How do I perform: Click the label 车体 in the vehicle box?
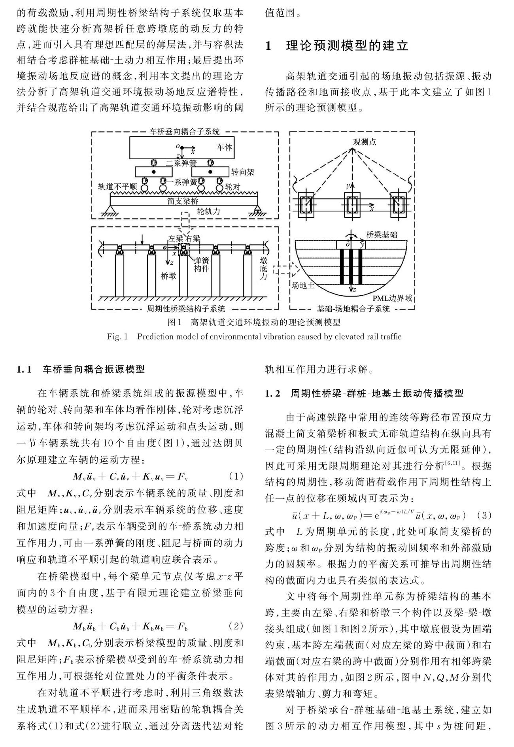[x=224, y=147]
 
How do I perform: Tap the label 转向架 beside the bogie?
[x=242, y=172]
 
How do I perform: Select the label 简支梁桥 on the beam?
[x=183, y=201]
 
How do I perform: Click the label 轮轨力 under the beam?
[x=208, y=211]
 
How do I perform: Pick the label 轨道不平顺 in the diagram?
[x=117, y=187]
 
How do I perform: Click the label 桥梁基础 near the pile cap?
[x=381, y=235]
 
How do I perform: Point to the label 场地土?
[x=303, y=285]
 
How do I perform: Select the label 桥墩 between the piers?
[x=168, y=276]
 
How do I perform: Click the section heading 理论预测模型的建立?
[x=347, y=46]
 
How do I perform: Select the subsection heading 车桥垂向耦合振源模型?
[x=93, y=370]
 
